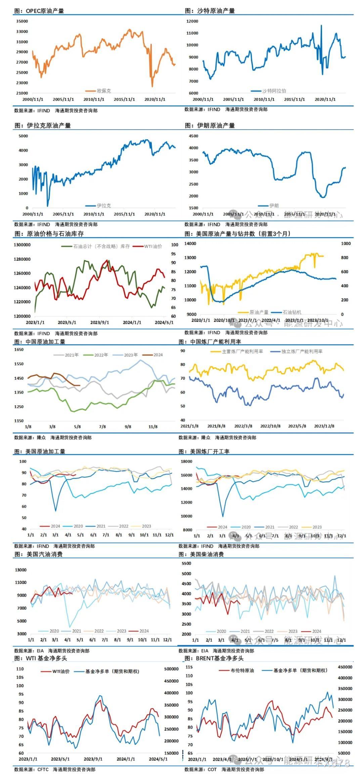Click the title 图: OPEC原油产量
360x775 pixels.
[39, 11]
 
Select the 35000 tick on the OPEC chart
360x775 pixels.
[22, 21]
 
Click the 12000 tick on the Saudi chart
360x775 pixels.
[192, 21]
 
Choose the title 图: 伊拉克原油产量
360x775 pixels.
[43, 126]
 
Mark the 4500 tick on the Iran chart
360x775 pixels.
[193, 136]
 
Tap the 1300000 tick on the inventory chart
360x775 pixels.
[22, 245]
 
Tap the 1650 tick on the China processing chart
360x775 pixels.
[19, 350]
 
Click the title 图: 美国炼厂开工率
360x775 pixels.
[204, 452]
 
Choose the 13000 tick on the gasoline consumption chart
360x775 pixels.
[21, 570]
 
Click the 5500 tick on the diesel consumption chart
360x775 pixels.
[186, 563]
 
